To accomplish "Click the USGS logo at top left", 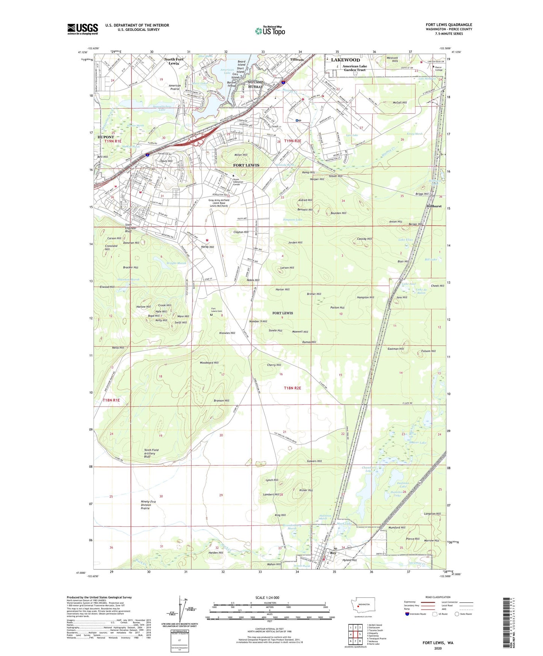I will [x=83, y=29].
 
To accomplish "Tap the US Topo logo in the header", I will [x=270, y=30].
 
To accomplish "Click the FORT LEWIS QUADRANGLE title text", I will [x=449, y=25].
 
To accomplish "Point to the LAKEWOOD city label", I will [x=345, y=60].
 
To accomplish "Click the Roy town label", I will [x=333, y=553].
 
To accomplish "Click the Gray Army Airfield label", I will [x=224, y=203].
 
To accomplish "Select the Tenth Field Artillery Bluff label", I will [x=151, y=453].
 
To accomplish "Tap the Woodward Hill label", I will [x=209, y=363].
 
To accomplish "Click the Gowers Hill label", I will [x=314, y=461].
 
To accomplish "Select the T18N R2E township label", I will [x=292, y=388].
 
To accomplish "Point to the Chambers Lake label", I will [x=368, y=469].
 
